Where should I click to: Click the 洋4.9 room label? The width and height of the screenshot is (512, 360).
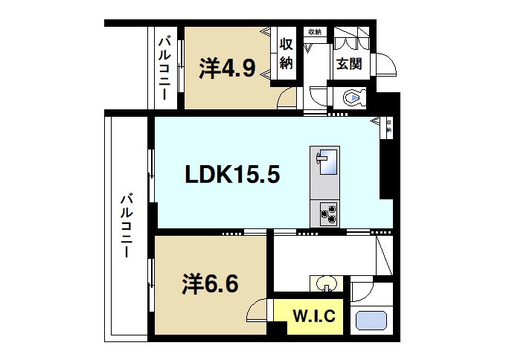[x=228, y=69]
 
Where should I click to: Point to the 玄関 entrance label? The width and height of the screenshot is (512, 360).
[x=348, y=65]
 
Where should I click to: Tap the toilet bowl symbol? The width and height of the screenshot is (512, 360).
[x=353, y=97]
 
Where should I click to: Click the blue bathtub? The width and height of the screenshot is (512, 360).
[x=372, y=321]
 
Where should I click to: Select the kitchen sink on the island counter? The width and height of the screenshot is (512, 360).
[x=324, y=159]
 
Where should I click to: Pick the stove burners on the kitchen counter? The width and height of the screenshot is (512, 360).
[x=327, y=213]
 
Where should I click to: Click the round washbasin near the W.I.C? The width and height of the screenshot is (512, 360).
[x=324, y=283]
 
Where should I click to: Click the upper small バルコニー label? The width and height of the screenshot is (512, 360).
[x=163, y=66]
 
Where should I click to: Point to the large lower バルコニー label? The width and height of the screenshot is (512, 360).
[x=127, y=225]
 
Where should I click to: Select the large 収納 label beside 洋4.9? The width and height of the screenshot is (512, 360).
[x=287, y=53]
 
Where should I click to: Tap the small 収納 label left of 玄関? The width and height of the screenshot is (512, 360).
[x=315, y=32]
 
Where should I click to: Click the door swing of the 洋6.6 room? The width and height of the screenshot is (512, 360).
[x=257, y=309]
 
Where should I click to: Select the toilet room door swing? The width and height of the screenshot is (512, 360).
[x=316, y=97]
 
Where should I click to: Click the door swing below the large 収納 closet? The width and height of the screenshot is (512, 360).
[x=287, y=97]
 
